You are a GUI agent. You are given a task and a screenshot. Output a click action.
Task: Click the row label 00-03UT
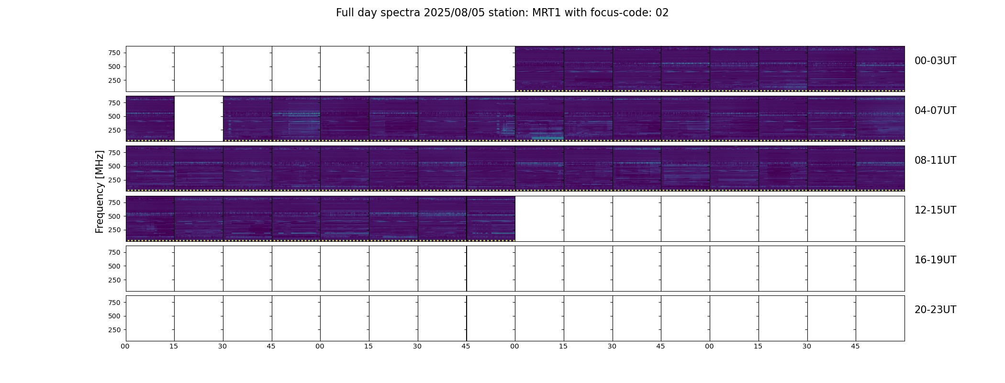pyautogui.click(x=935, y=61)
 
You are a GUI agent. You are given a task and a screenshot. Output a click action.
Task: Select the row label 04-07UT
pyautogui.click(x=935, y=111)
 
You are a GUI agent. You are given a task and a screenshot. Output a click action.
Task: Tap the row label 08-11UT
pyautogui.click(x=935, y=160)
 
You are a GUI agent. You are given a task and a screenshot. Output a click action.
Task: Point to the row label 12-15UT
pyautogui.click(x=935, y=210)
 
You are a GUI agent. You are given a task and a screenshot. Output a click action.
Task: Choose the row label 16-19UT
pyautogui.click(x=935, y=260)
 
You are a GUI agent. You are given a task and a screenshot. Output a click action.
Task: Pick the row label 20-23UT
pyautogui.click(x=935, y=310)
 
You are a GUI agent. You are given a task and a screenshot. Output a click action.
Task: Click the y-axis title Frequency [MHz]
pyautogui.click(x=100, y=191)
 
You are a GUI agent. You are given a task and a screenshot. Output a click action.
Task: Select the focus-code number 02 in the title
pyautogui.click(x=662, y=13)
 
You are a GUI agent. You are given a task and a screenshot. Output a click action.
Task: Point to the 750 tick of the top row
pyautogui.click(x=114, y=53)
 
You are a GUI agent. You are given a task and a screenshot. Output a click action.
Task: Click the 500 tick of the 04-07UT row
pyautogui.click(x=114, y=116)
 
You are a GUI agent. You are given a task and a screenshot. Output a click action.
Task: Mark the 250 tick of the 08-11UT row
pyautogui.click(x=114, y=180)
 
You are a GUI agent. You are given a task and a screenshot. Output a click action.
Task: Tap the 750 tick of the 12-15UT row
pyautogui.click(x=114, y=203)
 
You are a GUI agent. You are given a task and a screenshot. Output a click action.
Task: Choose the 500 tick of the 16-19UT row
pyautogui.click(x=114, y=266)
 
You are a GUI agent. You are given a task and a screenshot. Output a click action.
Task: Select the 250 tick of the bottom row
pyautogui.click(x=114, y=330)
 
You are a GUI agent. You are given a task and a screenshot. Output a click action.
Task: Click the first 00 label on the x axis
pyautogui.click(x=125, y=347)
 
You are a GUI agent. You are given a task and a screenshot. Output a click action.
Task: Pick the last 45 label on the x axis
pyautogui.click(x=855, y=347)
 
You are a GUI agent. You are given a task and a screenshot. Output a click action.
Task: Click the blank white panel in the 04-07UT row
pyautogui.click(x=199, y=119)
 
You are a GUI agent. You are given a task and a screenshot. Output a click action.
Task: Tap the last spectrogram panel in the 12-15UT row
pyautogui.click(x=491, y=218)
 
